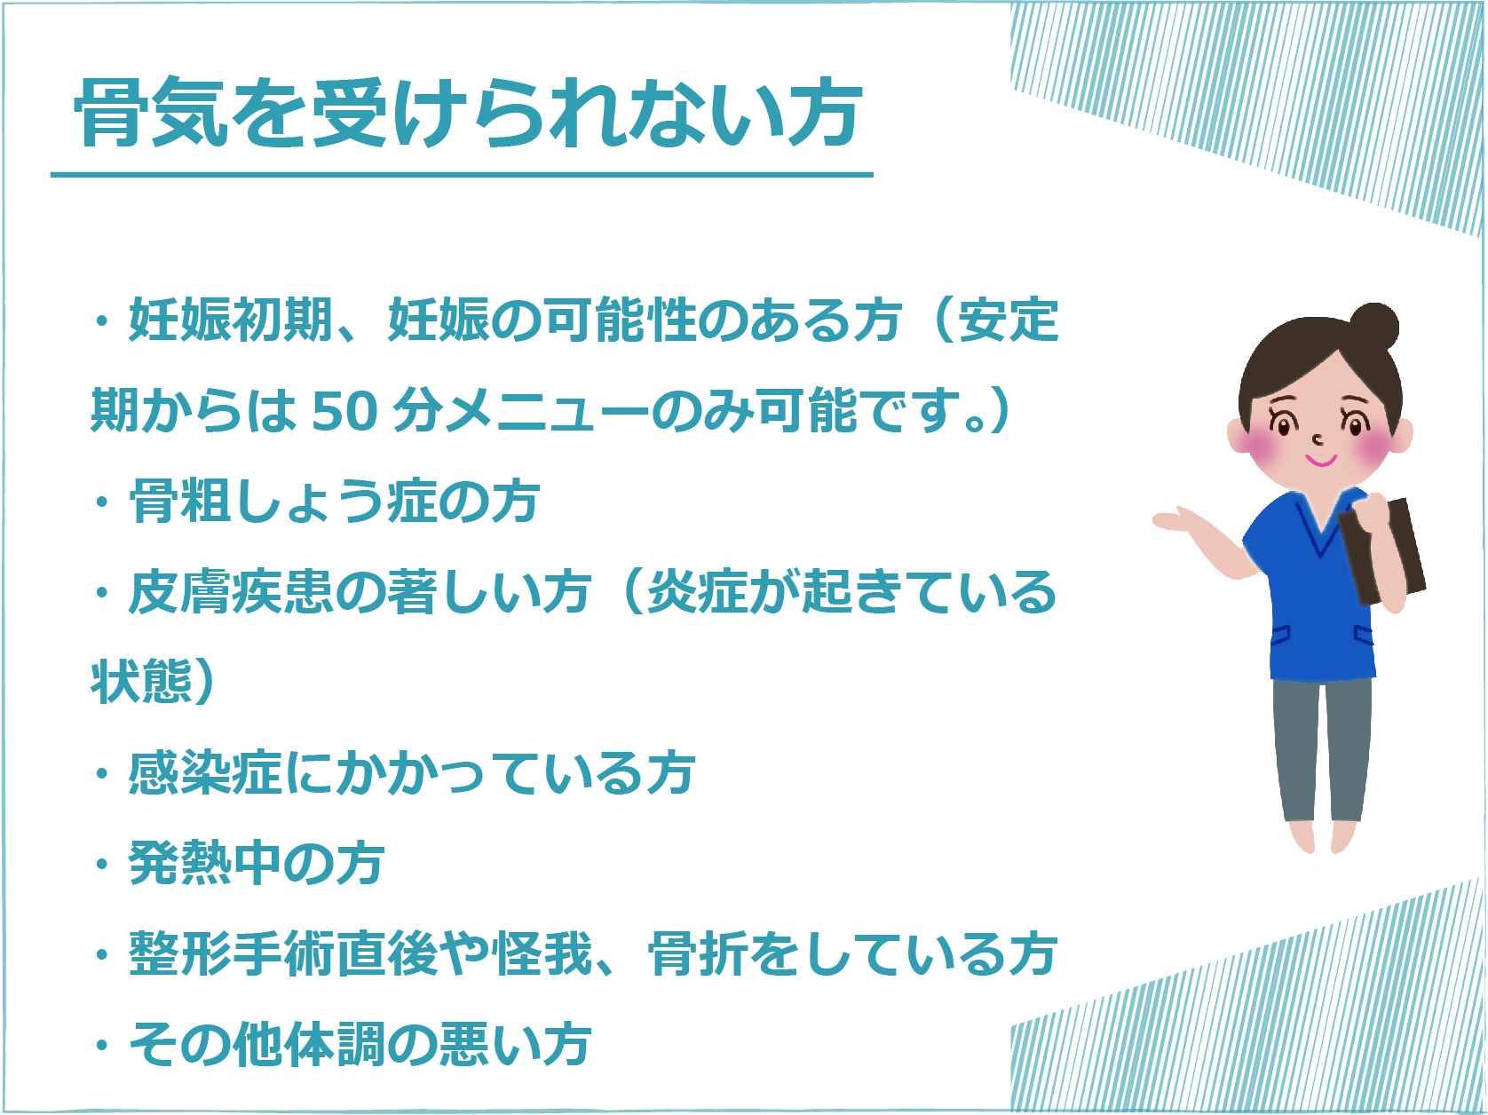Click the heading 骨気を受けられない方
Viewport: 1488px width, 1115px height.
pyautogui.click(x=468, y=113)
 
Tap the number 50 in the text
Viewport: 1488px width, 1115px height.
pyautogui.click(x=344, y=411)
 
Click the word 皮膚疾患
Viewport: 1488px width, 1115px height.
pyautogui.click(x=231, y=592)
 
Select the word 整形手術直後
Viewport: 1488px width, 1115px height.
pyautogui.click(x=283, y=954)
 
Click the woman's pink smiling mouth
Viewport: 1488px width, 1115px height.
pyautogui.click(x=1322, y=461)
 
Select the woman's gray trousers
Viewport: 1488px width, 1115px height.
pyautogui.click(x=1322, y=749)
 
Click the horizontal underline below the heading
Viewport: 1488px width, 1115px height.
pyautogui.click(x=462, y=175)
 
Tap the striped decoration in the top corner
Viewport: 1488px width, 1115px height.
pyautogui.click(x=1247, y=115)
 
